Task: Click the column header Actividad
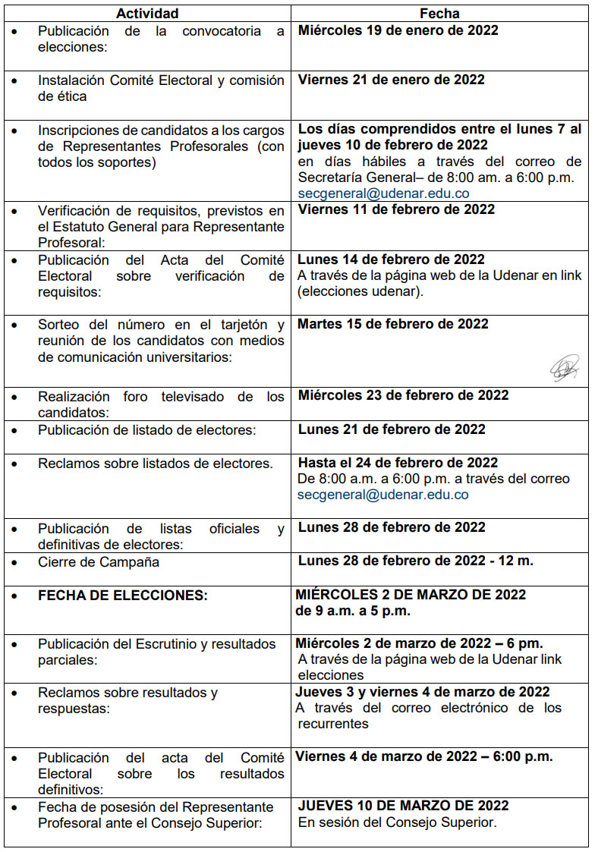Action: [147, 13]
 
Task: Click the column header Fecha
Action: [439, 13]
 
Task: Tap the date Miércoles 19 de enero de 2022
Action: [398, 31]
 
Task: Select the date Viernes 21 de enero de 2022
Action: [391, 80]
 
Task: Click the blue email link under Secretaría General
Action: [383, 193]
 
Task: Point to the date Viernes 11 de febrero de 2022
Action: [396, 209]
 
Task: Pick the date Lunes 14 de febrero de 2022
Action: [391, 259]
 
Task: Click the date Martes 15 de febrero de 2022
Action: [392, 324]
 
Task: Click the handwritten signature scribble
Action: [564, 369]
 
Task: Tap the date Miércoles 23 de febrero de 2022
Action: [403, 395]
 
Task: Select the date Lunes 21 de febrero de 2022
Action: [392, 429]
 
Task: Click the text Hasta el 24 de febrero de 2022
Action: [398, 463]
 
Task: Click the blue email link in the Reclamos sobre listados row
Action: [383, 495]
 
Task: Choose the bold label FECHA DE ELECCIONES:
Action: [123, 596]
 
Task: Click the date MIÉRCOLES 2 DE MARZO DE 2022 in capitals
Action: [411, 594]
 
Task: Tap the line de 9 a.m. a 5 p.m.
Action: [353, 611]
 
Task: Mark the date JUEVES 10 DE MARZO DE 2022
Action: [403, 806]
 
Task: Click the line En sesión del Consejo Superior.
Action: [397, 822]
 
